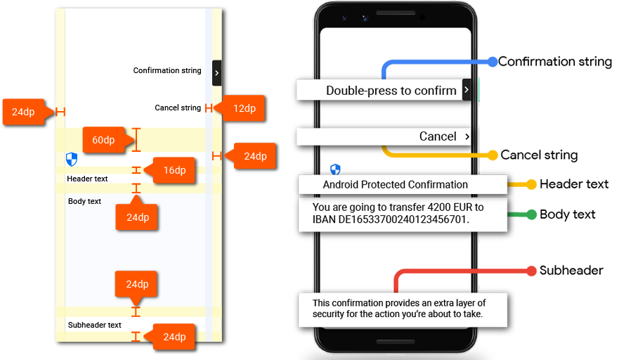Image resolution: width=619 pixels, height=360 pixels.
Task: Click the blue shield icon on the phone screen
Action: (x=335, y=169)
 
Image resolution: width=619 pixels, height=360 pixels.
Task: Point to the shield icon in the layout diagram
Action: (x=72, y=159)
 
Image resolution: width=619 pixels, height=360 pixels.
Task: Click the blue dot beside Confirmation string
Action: (x=493, y=62)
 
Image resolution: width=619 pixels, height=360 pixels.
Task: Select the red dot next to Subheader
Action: (x=531, y=271)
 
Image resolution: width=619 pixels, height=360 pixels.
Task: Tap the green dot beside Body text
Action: (x=531, y=214)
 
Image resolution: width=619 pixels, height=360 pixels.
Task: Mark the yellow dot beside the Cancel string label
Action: (x=493, y=155)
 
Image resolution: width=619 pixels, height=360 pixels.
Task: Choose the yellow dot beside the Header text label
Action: (x=531, y=184)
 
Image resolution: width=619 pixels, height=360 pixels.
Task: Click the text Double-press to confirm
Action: (x=391, y=91)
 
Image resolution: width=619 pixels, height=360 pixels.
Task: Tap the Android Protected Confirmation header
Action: (x=395, y=184)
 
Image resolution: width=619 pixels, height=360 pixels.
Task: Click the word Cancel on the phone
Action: (x=438, y=136)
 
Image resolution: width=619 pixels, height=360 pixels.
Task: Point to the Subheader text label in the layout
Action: (x=94, y=325)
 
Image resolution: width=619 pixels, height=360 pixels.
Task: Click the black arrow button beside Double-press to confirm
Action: (x=467, y=90)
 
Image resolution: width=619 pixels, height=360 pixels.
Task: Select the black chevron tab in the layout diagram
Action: (x=216, y=73)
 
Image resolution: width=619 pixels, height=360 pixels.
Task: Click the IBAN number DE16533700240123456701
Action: (x=403, y=219)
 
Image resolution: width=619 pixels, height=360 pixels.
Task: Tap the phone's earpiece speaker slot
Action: (x=396, y=13)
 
